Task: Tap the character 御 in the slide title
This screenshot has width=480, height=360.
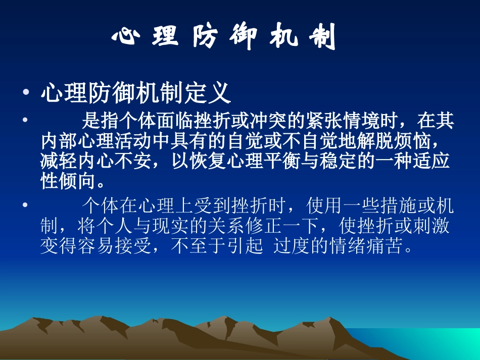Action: [246, 37]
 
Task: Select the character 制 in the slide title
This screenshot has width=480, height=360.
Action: [322, 37]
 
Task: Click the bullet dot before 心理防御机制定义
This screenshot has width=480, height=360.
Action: [25, 94]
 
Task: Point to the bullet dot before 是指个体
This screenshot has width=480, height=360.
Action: [25, 122]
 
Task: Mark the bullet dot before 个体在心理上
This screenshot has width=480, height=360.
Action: [25, 206]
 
